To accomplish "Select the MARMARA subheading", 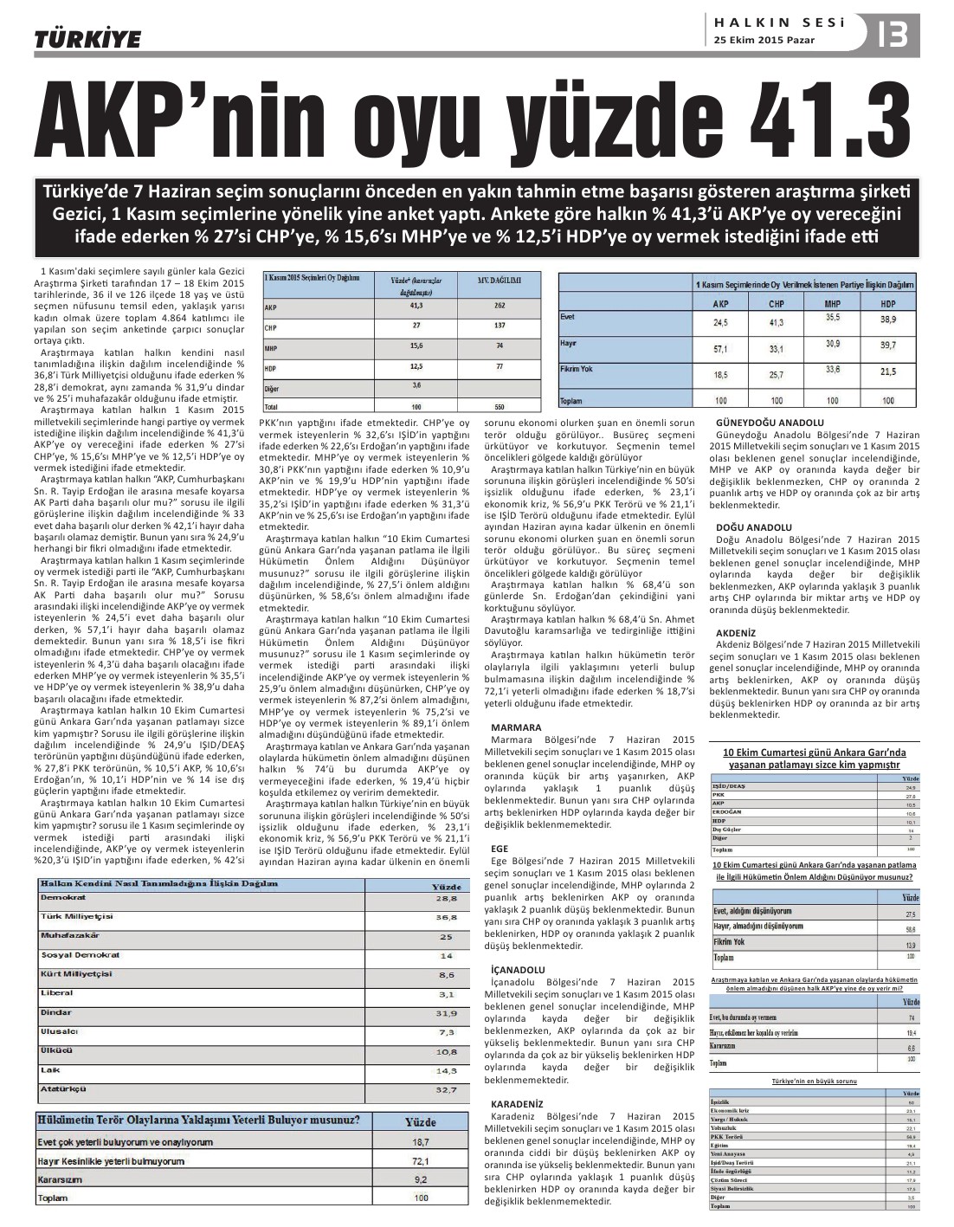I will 516,727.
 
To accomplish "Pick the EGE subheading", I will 500,849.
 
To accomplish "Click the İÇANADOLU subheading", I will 518,969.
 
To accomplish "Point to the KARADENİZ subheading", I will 517,1104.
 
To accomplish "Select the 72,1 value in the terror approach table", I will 421,1161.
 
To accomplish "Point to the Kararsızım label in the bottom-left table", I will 60,1179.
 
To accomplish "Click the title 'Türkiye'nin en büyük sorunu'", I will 814,1082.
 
